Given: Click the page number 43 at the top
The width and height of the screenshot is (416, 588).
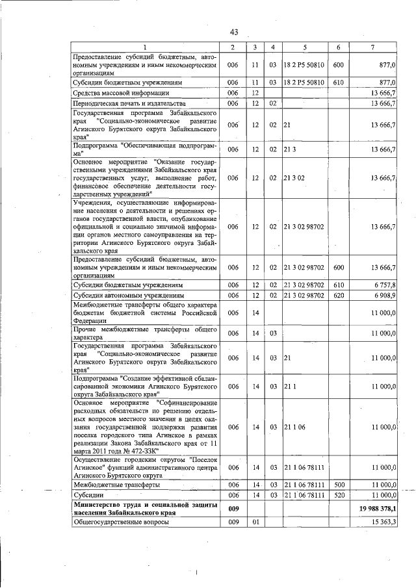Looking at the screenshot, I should tap(235, 33).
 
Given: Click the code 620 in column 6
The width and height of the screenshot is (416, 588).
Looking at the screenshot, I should tap(338, 296).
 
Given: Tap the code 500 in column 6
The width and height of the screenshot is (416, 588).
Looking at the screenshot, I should tap(338, 485).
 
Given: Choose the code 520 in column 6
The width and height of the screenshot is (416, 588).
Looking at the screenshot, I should tap(338, 495).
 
